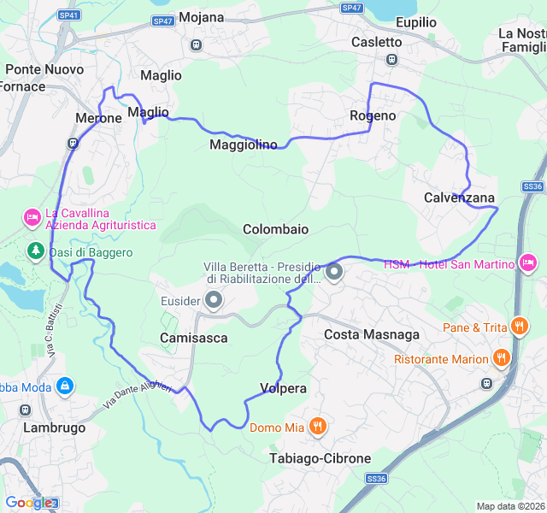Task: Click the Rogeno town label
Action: pos(373,115)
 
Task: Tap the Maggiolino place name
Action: pos(244,144)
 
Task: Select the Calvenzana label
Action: pos(459,198)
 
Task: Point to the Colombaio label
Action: pos(275,229)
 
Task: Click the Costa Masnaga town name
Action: pos(371,334)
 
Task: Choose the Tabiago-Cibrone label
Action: pos(320,458)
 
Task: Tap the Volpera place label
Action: pos(283,388)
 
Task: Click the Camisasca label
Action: pos(194,338)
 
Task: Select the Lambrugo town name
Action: pos(55,427)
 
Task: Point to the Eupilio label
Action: pos(416,22)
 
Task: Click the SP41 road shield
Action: pos(69,15)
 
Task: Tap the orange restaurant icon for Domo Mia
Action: pos(318,426)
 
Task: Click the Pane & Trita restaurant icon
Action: pos(519,326)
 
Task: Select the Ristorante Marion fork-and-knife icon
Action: pos(501,358)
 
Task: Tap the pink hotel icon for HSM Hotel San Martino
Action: pos(527,262)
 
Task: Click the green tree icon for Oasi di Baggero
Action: pos(35,251)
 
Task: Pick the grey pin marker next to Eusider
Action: pos(214,300)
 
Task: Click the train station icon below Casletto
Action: pos(391,59)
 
